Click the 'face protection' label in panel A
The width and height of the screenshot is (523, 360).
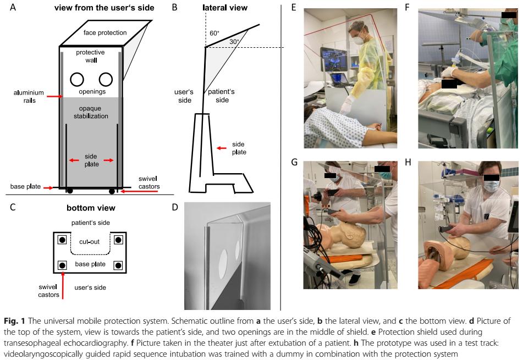[105, 32]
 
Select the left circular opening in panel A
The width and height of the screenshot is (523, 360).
[77, 80]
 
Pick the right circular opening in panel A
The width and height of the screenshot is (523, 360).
[106, 80]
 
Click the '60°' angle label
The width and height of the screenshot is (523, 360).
[214, 34]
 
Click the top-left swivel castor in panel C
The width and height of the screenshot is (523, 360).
[62, 240]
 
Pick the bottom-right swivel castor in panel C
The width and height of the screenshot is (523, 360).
[118, 265]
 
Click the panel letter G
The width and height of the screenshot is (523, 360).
[294, 163]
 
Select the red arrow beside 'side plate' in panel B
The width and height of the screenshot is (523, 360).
[222, 148]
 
